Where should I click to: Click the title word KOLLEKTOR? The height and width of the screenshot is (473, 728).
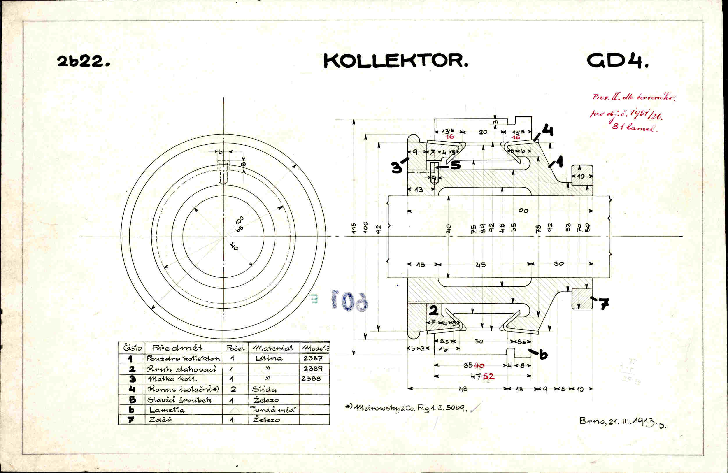(x=395, y=61)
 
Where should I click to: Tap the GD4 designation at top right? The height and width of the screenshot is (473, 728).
(x=618, y=61)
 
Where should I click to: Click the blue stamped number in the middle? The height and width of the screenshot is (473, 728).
(x=350, y=301)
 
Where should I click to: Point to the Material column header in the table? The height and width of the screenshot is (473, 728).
(x=272, y=348)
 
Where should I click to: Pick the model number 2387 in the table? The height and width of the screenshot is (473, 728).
(x=313, y=358)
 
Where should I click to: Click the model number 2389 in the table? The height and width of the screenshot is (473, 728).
(x=313, y=368)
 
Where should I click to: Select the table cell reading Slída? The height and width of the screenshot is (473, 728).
(x=264, y=389)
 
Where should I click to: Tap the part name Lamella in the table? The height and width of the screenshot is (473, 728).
(x=167, y=410)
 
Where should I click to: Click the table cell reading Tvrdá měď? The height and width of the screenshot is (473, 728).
(x=272, y=410)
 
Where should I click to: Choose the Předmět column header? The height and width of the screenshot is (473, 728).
(x=177, y=348)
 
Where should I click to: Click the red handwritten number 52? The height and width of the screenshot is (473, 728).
(x=488, y=376)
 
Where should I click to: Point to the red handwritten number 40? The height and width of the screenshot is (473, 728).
(x=479, y=366)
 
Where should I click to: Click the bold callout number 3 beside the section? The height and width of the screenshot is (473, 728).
(x=397, y=168)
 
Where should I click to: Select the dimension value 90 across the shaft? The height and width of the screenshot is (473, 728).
(x=523, y=211)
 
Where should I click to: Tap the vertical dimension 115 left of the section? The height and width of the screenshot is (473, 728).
(x=354, y=228)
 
